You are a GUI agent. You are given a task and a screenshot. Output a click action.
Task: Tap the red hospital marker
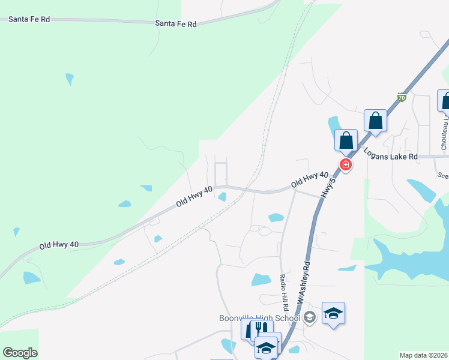tap(346, 164)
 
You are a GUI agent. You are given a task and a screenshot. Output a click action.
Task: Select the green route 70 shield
tap(402, 97)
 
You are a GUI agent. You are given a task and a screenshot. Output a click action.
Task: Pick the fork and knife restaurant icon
tap(260, 329)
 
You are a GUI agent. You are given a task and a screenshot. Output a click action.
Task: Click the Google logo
tap(20, 353)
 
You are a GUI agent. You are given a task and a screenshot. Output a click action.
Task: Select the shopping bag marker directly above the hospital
tap(346, 141)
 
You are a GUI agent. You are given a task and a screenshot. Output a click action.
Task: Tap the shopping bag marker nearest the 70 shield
tap(376, 121)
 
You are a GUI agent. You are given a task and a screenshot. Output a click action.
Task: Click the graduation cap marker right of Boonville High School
tap(333, 313)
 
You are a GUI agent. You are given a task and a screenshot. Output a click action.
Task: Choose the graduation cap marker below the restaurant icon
tap(267, 347)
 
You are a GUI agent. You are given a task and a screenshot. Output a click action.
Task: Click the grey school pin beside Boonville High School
tap(310, 317)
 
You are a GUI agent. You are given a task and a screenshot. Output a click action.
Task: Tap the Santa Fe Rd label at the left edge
tap(29, 19)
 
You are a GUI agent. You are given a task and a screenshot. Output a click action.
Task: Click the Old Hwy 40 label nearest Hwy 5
tap(309, 178)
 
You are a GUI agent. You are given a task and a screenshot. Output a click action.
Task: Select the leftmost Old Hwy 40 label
tap(59, 245)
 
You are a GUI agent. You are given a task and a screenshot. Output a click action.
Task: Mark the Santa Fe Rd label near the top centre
tap(175, 24)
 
